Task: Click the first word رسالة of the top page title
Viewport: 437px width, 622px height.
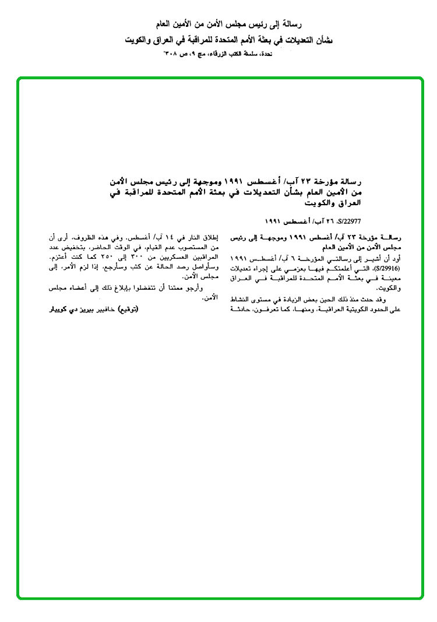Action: pyautogui.click(x=286, y=24)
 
